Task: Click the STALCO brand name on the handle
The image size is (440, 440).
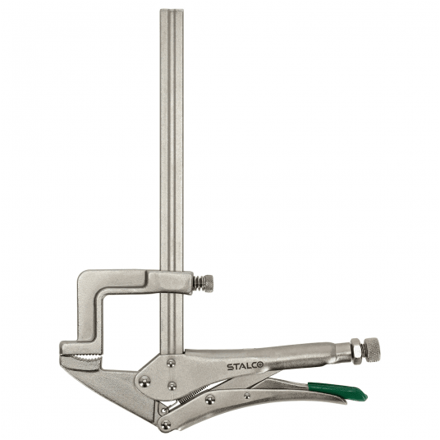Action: (x=247, y=367)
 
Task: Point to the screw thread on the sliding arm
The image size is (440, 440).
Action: (x=198, y=284)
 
